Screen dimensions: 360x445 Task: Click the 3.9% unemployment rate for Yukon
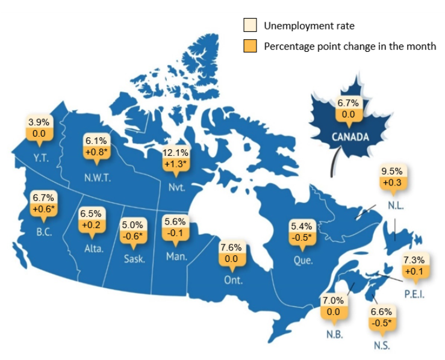[40, 122]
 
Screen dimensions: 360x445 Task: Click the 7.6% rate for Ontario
[231, 247]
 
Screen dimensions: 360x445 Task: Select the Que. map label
[301, 261]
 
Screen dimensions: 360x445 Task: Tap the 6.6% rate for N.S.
[381, 312]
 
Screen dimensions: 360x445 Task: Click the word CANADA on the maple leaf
[350, 137]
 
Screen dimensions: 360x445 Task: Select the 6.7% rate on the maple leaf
[348, 103]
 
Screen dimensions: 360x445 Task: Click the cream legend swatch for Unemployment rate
[249, 26]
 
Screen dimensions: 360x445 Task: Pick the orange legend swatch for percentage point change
[249, 46]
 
